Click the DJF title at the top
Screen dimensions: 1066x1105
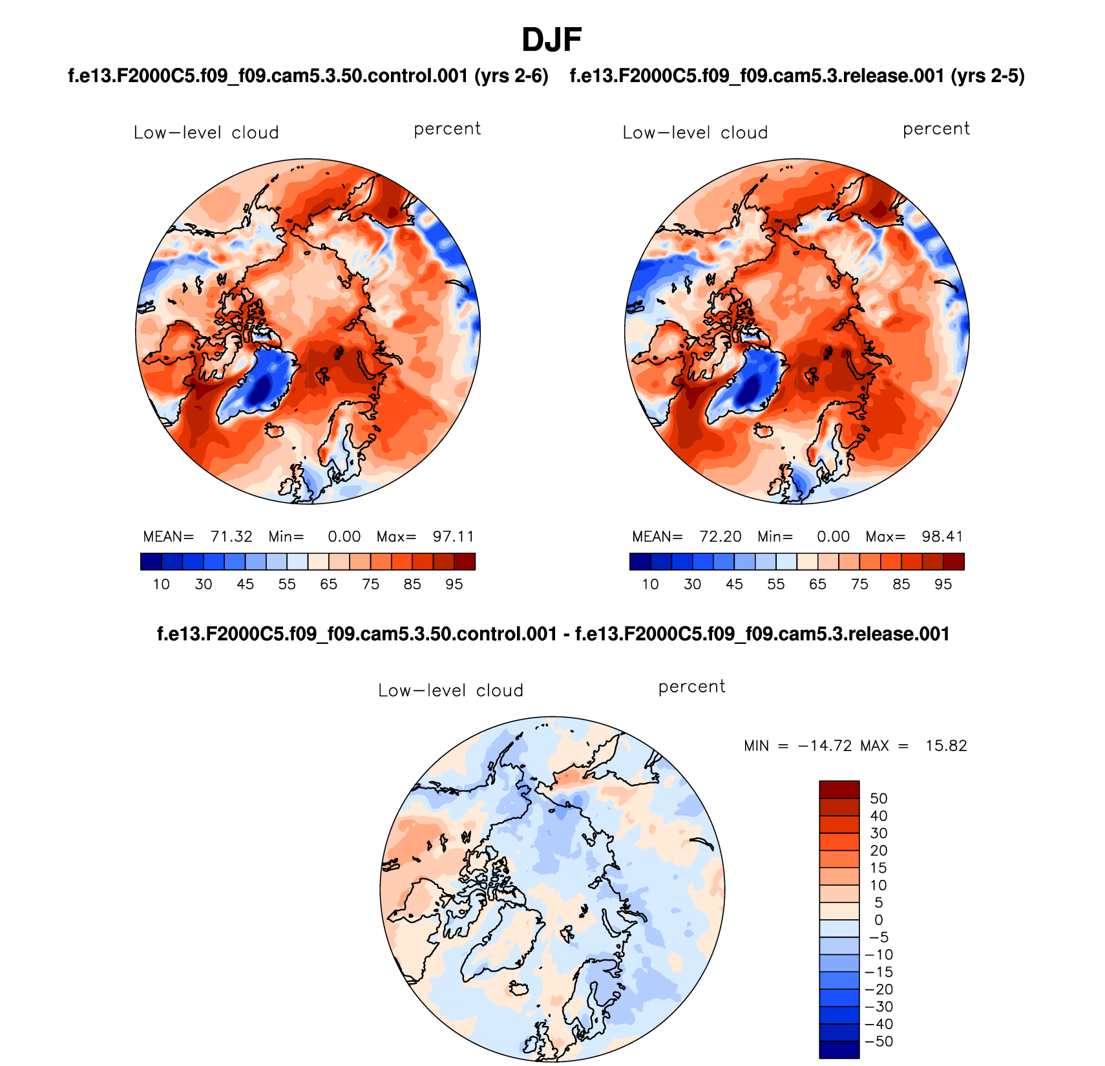552,40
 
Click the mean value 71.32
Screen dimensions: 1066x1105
231,537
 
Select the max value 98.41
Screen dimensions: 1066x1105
943,537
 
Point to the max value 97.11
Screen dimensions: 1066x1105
454,537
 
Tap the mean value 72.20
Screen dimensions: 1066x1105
721,537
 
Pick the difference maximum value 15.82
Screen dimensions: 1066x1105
946,746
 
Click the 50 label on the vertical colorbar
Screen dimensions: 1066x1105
879,798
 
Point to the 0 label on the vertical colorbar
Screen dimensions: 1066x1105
879,920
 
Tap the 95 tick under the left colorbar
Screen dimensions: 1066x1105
454,584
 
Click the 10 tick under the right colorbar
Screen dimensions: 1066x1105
650,584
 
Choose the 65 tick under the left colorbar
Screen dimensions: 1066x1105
329,584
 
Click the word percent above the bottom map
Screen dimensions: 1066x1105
691,687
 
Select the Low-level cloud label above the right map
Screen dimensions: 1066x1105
695,133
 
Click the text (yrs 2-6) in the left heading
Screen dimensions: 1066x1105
511,76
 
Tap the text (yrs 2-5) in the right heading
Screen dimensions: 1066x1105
987,76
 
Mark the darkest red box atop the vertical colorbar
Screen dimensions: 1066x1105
839,789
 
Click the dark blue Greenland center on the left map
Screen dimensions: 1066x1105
262,390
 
